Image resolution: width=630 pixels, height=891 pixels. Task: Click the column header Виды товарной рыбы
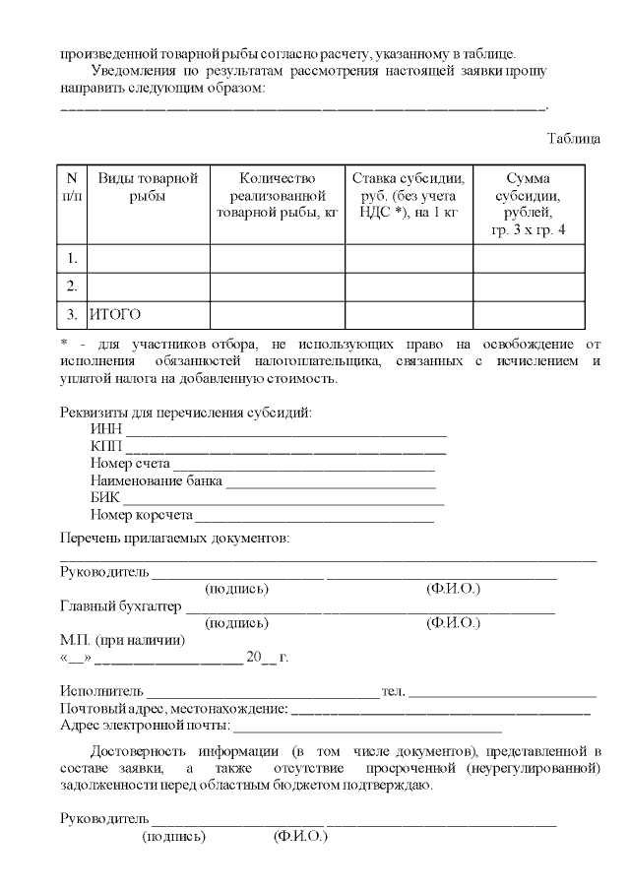148,186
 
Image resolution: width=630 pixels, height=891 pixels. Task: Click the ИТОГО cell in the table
115,315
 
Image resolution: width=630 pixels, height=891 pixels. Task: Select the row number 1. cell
72,258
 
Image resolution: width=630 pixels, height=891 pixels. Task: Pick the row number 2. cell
72,286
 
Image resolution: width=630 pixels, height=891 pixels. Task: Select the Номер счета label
130,463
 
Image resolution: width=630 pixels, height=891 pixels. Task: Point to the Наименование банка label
156,480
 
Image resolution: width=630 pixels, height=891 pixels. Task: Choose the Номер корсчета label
140,514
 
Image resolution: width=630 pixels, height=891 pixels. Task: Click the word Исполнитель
101,691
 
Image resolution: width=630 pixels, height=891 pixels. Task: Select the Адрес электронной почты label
144,726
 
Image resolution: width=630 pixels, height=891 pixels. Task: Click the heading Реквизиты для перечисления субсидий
185,412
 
